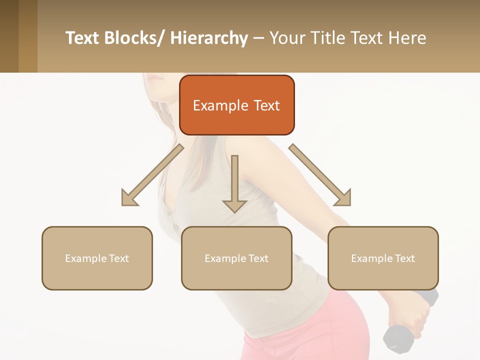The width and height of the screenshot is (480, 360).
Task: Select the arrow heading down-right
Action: (x=320, y=175)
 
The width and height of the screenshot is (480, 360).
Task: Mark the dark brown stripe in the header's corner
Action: (x=9, y=36)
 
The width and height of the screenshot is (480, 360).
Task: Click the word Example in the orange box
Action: (x=220, y=105)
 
